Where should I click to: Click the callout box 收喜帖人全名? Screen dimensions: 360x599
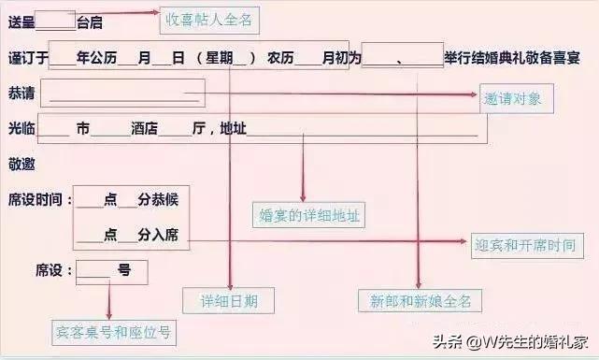tap(207, 19)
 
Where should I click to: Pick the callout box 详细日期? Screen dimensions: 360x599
tap(230, 301)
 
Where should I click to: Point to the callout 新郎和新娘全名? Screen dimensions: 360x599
tap(419, 301)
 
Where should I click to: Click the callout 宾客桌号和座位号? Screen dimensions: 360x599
tap(113, 331)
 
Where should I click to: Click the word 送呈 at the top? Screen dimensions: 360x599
tap(22, 21)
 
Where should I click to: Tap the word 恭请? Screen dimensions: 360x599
tap(21, 94)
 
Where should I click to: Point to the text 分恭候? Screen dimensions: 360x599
tap(158, 199)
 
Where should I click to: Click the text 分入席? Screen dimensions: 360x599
tap(158, 235)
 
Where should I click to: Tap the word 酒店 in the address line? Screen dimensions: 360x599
tap(143, 129)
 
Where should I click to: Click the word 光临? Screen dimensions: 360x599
tap(21, 129)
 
